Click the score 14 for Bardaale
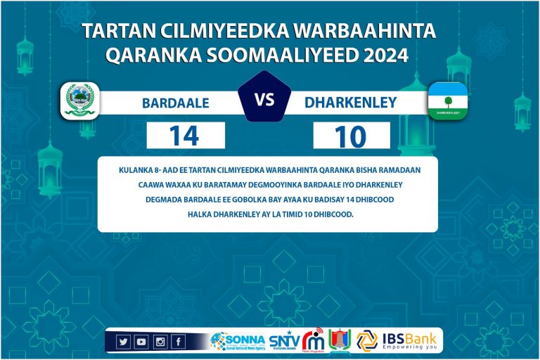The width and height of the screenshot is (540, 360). coord(184,135)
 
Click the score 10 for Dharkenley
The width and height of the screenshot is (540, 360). coord(351,136)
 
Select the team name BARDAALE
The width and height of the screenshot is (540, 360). coord(176,103)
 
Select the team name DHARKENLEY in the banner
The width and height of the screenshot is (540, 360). coord(351,103)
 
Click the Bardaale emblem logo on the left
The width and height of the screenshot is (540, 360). coord(79,101)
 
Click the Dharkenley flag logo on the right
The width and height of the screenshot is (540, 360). coord(448,101)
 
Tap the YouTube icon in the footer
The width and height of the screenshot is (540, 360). coord(141,342)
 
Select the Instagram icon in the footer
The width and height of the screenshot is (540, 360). coord(160,342)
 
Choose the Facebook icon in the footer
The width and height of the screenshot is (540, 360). coord(178,342)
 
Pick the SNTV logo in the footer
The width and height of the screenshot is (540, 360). coord(284,341)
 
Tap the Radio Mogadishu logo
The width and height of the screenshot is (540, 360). coord(314,340)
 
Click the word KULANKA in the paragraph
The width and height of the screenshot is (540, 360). coord(138,169)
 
